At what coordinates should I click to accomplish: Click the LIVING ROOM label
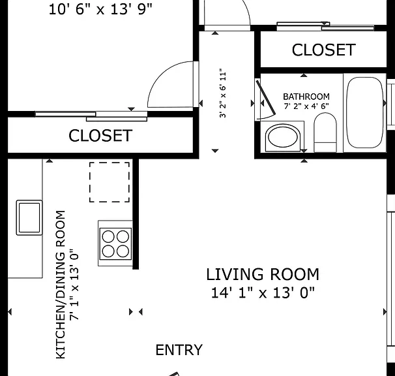pyautogui.click(x=263, y=274)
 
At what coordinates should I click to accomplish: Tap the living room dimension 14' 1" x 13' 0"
pyautogui.click(x=263, y=292)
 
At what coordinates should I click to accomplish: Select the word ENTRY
pyautogui.click(x=179, y=350)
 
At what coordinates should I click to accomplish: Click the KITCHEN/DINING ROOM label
pyautogui.click(x=61, y=285)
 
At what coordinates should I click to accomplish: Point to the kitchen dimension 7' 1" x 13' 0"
pyautogui.click(x=74, y=285)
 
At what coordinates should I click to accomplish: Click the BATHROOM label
pyautogui.click(x=306, y=97)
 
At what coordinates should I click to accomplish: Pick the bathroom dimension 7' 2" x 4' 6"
pyautogui.click(x=306, y=106)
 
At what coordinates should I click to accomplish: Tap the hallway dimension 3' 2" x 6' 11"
pyautogui.click(x=223, y=93)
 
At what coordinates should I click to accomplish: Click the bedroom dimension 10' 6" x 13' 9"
pyautogui.click(x=100, y=10)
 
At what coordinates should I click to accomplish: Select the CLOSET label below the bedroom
pyautogui.click(x=100, y=136)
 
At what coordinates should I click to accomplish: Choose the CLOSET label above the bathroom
pyautogui.click(x=324, y=50)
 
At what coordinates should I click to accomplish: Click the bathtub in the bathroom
pyautogui.click(x=364, y=112)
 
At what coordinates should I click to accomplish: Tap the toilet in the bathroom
pyautogui.click(x=325, y=133)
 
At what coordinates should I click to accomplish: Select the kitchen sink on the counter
pyautogui.click(x=29, y=217)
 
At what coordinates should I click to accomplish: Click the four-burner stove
pyautogui.click(x=115, y=243)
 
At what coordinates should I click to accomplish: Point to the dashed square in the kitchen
pyautogui.click(x=110, y=182)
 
